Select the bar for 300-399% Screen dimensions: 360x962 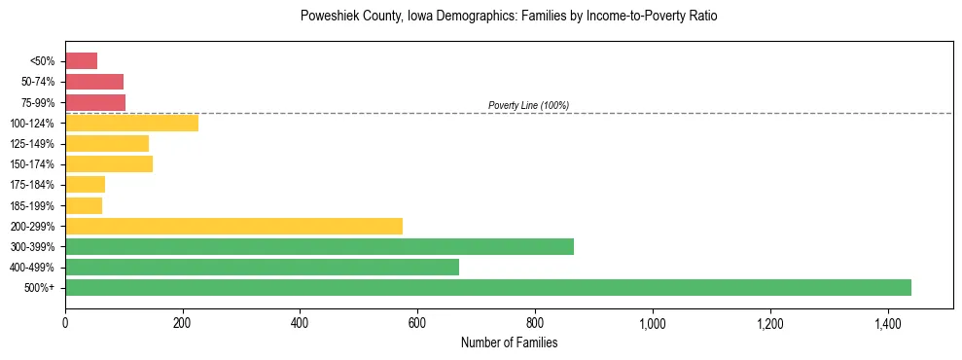point(319,246)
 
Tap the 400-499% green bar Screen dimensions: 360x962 point(262,267)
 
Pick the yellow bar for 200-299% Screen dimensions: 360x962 point(233,226)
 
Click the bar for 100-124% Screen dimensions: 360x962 point(131,123)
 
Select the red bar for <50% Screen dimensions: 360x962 point(81,61)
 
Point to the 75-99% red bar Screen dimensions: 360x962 point(95,102)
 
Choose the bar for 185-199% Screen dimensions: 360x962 point(84,205)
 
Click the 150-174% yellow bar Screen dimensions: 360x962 point(109,163)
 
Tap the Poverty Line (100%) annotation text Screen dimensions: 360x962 point(528,105)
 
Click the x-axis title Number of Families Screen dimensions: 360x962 point(509,342)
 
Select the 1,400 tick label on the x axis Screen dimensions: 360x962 point(887,323)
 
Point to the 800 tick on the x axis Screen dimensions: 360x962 point(534,323)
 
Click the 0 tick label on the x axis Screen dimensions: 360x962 point(65,323)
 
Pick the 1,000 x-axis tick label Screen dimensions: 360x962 point(652,323)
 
